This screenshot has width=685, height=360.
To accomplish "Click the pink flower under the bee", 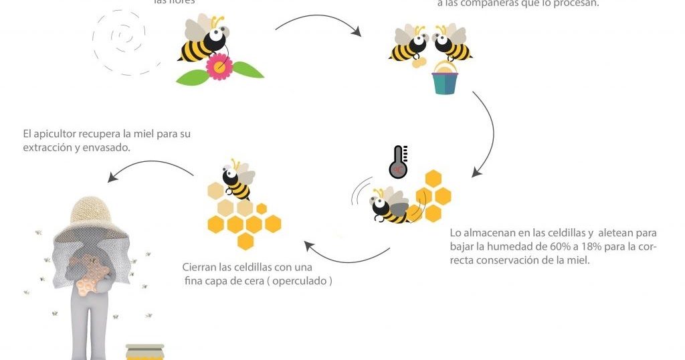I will point(219,66).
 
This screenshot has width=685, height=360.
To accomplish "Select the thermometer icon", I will point(399,162).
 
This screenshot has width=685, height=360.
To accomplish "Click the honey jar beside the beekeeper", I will point(144,352).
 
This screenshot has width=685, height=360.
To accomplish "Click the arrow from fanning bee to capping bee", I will point(348,256).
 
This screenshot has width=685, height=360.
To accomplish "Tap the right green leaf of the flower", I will point(248,70).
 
